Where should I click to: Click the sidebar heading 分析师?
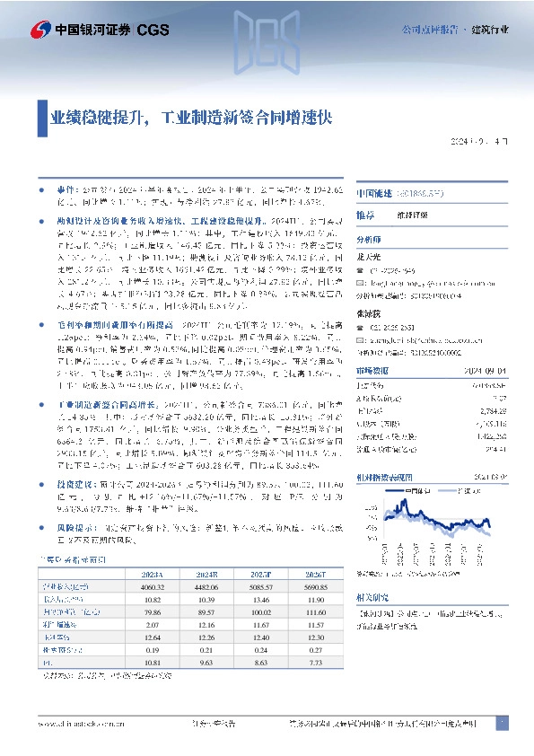369,241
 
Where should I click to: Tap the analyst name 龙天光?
370,255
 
